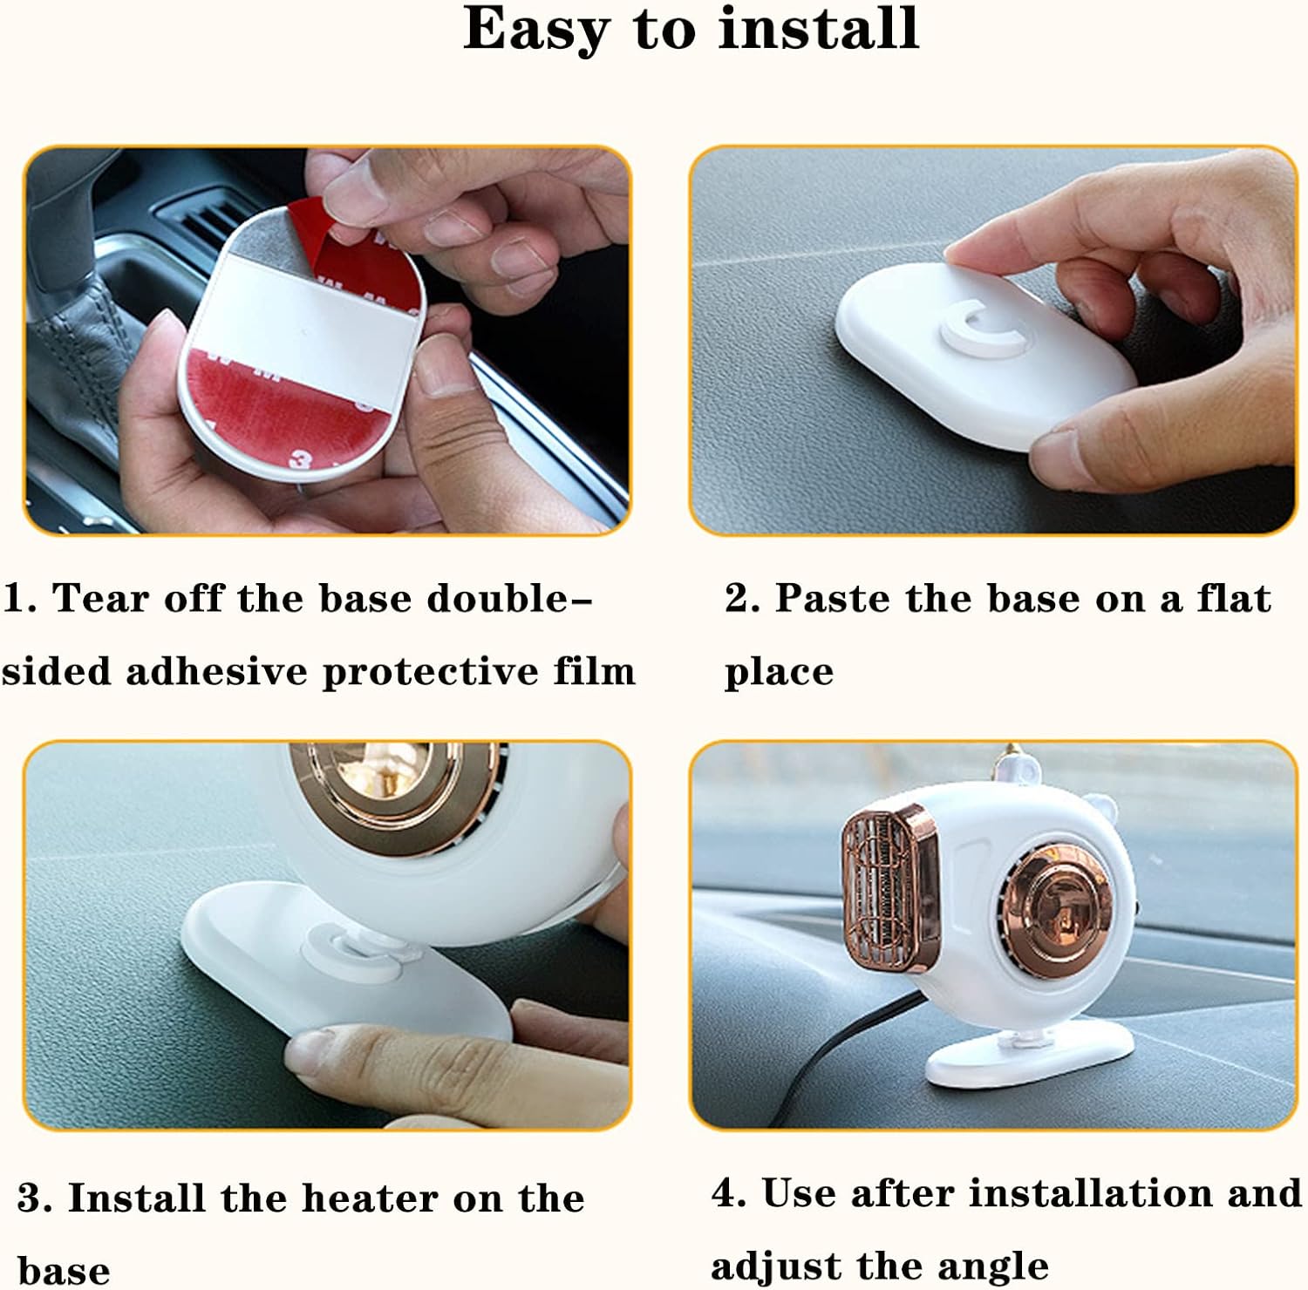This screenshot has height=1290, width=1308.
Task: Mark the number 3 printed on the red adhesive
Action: click(302, 458)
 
